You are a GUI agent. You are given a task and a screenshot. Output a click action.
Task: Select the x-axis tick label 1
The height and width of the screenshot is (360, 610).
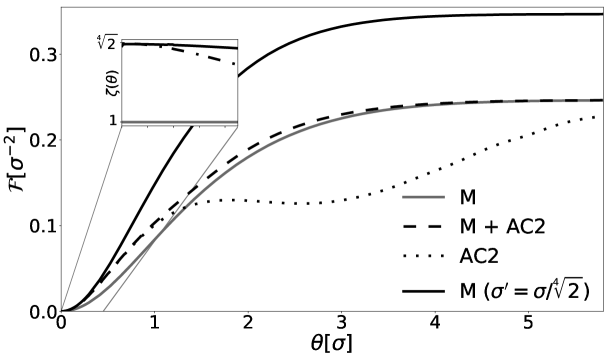[x=154, y=326]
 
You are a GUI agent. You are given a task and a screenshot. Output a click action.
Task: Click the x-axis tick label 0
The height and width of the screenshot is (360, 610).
[x=61, y=326]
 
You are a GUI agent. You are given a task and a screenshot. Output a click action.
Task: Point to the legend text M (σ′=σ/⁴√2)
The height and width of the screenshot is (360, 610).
[x=526, y=291]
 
